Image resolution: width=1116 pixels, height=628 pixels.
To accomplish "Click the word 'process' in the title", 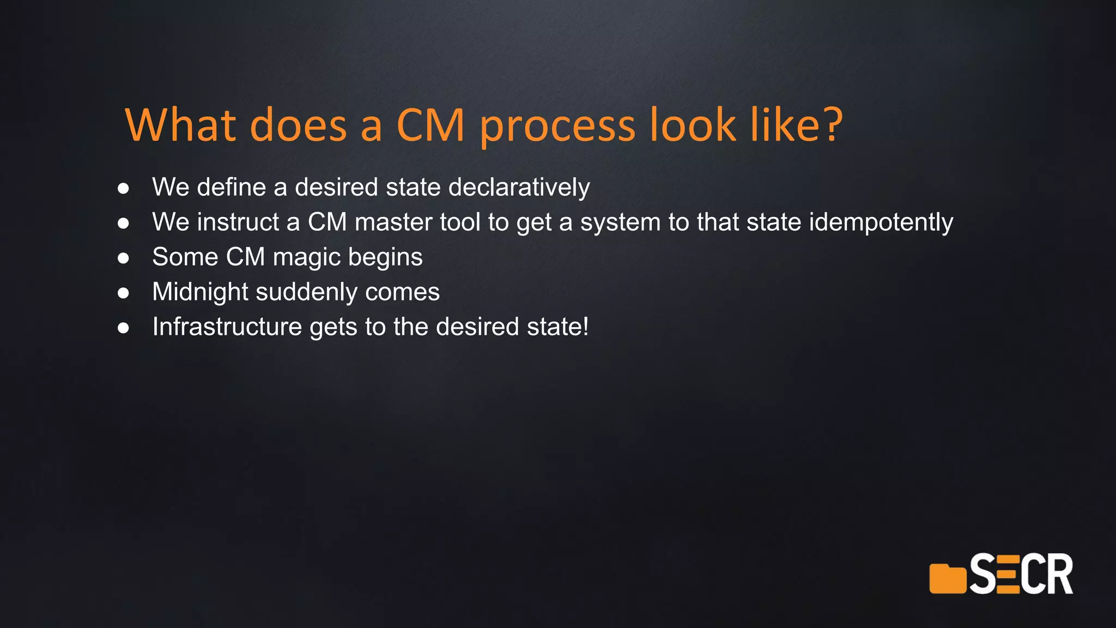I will [x=557, y=126].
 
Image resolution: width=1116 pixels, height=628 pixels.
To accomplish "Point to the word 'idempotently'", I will [x=881, y=222].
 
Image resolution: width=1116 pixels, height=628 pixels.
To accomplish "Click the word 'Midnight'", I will [x=200, y=292].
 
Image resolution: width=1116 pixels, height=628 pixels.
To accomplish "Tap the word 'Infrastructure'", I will [x=227, y=327].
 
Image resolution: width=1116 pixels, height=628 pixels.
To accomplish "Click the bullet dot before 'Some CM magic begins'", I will [x=124, y=258].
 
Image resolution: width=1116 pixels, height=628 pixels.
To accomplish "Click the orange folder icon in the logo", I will [x=947, y=579].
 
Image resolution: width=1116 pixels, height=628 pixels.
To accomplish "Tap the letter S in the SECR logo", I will [x=983, y=574].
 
